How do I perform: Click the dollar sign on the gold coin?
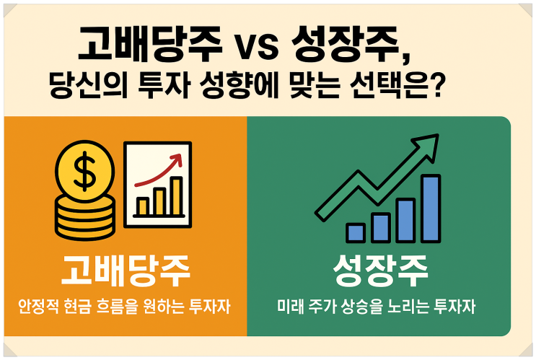tap(84, 171)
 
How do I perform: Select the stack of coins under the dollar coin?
tap(85, 217)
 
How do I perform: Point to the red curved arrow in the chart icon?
tap(158, 171)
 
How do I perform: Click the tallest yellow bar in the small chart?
tap(177, 196)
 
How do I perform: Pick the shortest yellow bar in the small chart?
tap(142, 206)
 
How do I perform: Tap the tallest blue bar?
tap(431, 208)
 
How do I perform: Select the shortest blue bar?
tap(356, 233)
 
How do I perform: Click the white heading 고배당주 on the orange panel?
tap(126, 271)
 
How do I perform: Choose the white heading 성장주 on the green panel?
tap(380, 271)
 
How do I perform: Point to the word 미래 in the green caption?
tap(290, 307)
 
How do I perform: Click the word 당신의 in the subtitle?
tap(89, 85)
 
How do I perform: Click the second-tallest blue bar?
tap(405, 221)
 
